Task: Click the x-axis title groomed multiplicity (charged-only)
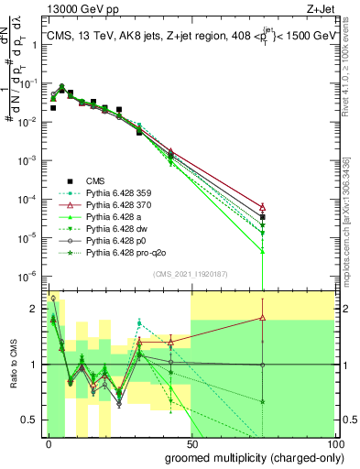(x=253, y=456)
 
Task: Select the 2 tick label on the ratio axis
(x=35, y=307)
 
